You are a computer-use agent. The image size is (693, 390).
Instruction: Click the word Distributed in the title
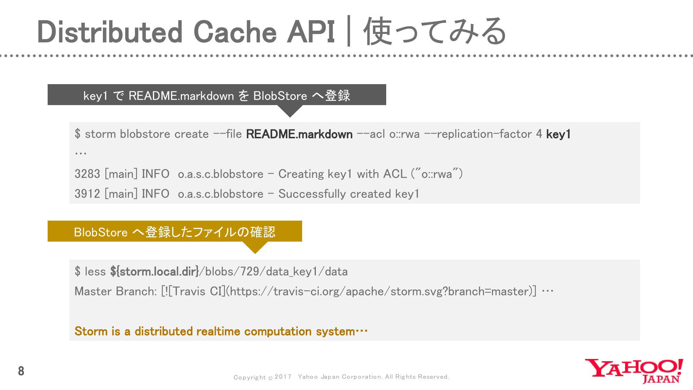click(110, 32)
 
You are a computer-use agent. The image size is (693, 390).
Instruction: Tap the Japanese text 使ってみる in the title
click(435, 32)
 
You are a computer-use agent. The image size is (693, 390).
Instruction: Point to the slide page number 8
click(21, 371)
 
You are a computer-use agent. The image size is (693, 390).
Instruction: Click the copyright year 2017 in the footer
click(283, 377)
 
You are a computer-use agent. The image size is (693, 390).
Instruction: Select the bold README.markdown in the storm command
click(299, 134)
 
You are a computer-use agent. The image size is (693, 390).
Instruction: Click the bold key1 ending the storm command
click(558, 134)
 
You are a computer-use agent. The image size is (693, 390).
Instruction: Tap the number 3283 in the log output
click(87, 174)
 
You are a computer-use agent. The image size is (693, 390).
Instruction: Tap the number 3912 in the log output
click(87, 194)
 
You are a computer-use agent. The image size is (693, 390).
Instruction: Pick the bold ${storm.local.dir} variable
click(154, 272)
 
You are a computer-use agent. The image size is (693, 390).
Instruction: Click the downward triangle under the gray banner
click(290, 111)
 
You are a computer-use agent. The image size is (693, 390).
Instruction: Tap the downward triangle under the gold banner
click(255, 248)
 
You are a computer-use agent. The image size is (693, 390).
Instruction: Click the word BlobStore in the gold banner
click(101, 232)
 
